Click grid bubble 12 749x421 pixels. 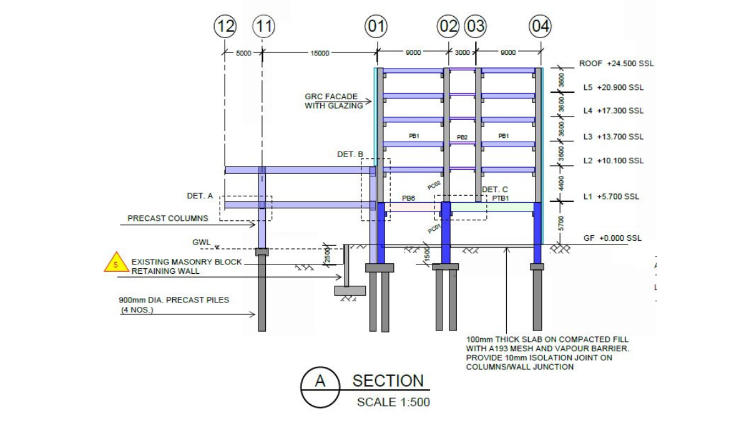(225, 27)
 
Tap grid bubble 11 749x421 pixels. (263, 27)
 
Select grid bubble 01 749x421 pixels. (376, 27)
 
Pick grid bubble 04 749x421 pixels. (541, 27)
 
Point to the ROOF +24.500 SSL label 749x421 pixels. (616, 64)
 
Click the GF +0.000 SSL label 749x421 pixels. (612, 238)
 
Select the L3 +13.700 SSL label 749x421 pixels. (613, 137)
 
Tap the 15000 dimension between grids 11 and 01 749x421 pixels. (320, 54)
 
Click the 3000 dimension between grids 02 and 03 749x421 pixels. (463, 53)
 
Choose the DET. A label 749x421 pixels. (200, 196)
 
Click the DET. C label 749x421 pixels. (494, 190)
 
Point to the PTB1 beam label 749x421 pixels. (501, 198)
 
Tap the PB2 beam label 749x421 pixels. (462, 137)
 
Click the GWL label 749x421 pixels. (202, 242)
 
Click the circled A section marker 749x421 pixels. (320, 381)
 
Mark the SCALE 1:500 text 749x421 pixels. (393, 402)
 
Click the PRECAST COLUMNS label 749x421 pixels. (168, 219)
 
